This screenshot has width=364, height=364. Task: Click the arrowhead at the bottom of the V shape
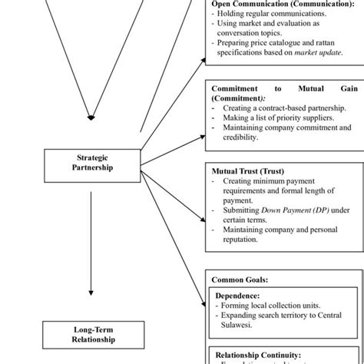pos(91,117)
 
